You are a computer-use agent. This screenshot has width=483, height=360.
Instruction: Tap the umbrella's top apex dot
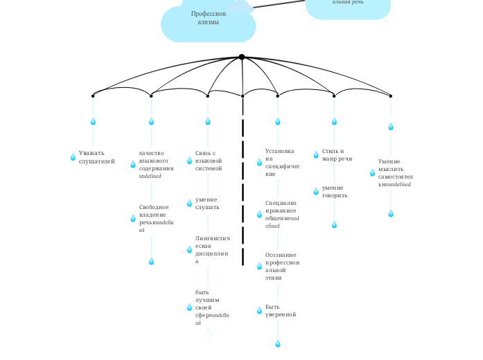click(x=241, y=57)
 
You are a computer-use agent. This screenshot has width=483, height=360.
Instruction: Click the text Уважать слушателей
click(x=97, y=157)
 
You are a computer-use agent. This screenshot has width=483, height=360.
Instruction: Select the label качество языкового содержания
click(x=156, y=164)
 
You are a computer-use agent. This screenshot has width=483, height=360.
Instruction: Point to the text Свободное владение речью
click(x=156, y=218)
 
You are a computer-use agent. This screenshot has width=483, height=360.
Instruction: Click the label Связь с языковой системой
click(x=209, y=160)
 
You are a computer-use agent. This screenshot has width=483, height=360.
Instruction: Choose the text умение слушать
click(x=207, y=203)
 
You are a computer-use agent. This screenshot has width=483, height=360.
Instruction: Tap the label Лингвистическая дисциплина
click(x=212, y=249)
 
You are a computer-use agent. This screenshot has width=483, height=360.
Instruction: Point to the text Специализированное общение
click(x=281, y=214)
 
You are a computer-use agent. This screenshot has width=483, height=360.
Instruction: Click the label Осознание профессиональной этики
click(x=282, y=266)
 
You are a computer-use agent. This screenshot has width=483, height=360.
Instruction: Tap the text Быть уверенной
click(x=281, y=310)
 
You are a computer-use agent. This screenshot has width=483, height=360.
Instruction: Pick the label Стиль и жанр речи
click(x=337, y=154)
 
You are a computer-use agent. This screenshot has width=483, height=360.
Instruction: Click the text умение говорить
click(x=335, y=191)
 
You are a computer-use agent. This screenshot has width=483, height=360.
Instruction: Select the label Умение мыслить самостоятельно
click(x=394, y=173)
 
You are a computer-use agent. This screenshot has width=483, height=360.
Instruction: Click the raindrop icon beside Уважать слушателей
click(x=73, y=157)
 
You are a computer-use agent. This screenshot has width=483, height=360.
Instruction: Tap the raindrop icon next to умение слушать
click(x=189, y=203)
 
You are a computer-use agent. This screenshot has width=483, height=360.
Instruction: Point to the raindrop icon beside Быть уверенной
click(x=259, y=310)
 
